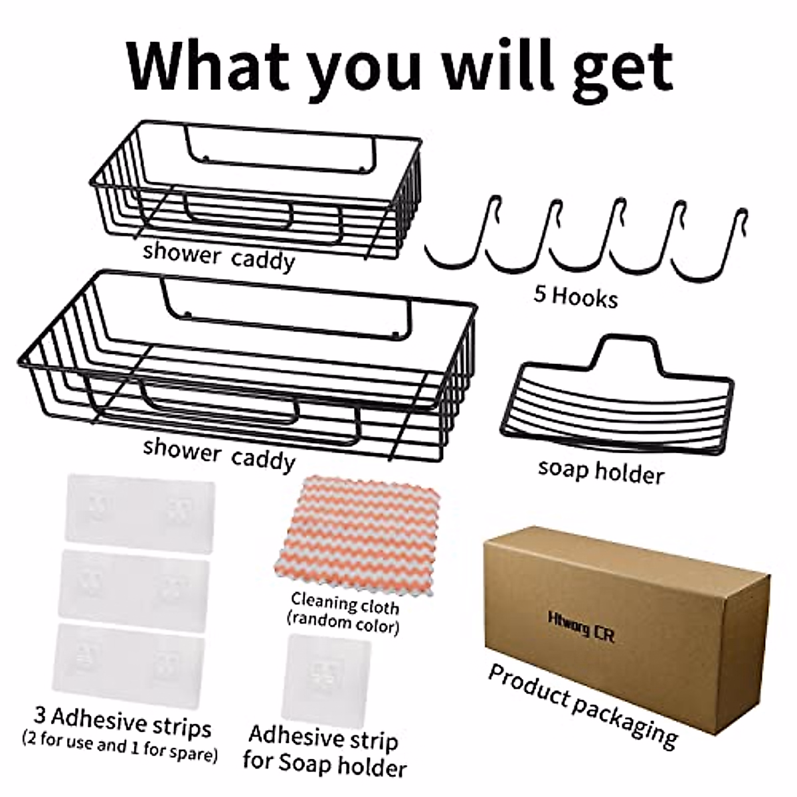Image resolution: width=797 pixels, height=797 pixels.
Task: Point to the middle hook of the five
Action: coord(584,239)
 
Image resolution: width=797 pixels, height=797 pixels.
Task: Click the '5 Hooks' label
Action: coord(575,296)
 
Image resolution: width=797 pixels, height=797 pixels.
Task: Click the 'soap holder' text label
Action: coord(600,472)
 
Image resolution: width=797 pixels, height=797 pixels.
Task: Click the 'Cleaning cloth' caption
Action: coord(345,604)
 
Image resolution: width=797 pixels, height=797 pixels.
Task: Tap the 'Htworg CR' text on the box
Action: coord(581,628)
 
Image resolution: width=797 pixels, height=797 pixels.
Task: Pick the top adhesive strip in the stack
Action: coord(140,511)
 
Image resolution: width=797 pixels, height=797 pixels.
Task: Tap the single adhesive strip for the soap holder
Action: coord(326,677)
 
